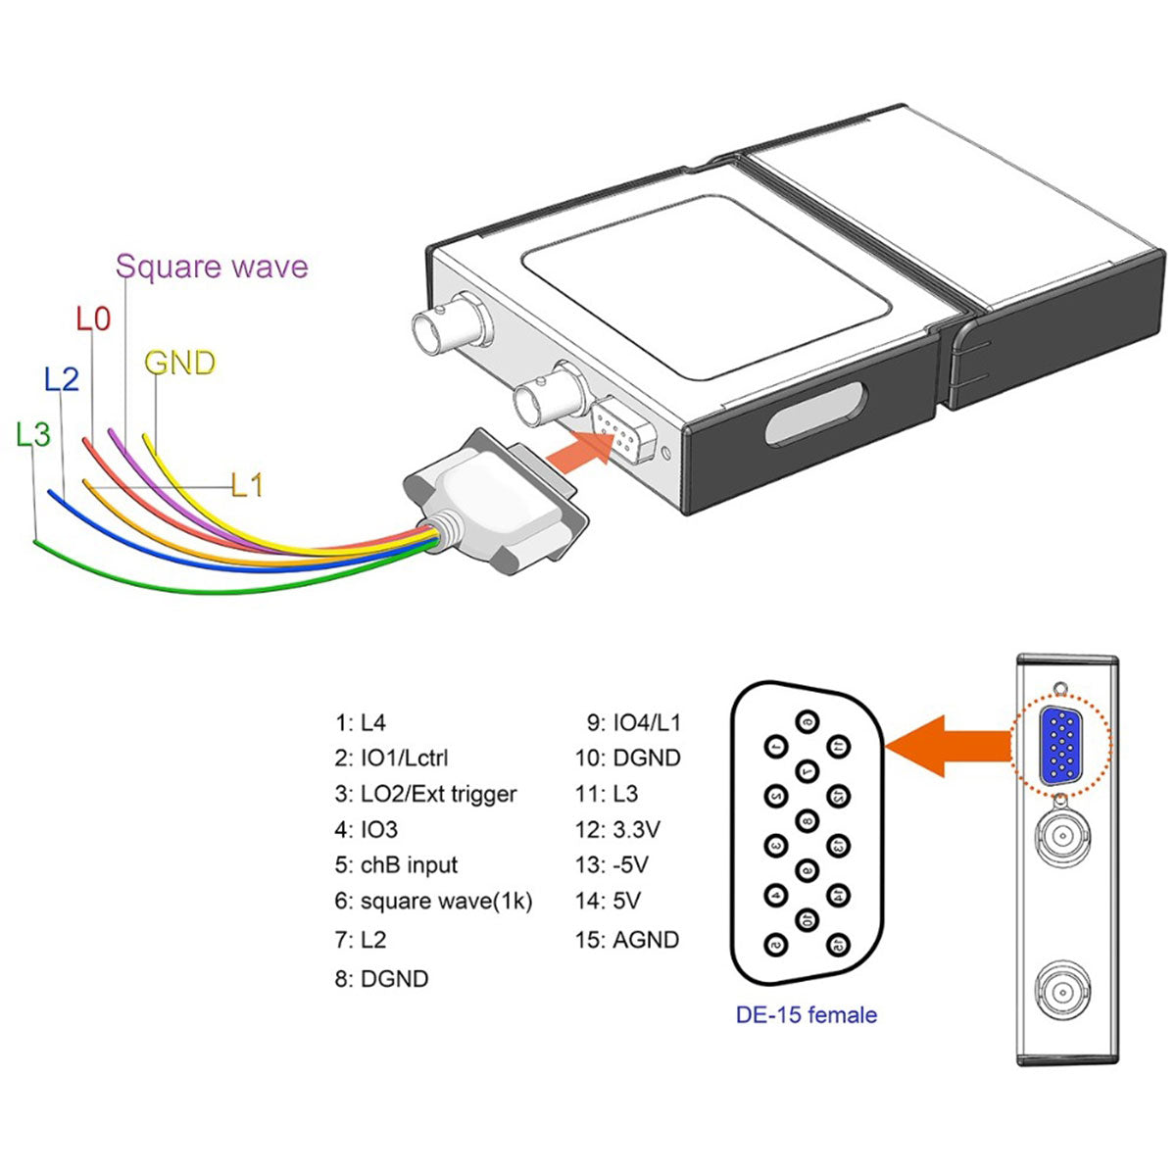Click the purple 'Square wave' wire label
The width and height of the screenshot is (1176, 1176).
212,267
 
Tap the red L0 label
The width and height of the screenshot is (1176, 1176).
93,318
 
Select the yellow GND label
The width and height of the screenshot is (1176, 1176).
179,364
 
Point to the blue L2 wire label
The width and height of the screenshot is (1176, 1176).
61,378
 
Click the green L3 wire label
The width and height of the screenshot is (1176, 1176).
33,433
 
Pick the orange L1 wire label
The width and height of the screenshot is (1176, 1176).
247,484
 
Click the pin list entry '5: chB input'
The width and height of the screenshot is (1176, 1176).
396,865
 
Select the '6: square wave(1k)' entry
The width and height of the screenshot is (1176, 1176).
433,901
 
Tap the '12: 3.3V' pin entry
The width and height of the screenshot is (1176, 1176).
617,830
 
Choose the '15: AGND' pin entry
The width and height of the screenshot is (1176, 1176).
627,940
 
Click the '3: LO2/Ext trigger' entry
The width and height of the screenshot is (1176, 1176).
425,794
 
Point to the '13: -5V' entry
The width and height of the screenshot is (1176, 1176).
612,865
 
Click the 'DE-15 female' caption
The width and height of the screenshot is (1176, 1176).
806,1014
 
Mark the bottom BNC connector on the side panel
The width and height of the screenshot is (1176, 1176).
1061,993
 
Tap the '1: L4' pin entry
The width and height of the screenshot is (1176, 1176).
361,723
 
